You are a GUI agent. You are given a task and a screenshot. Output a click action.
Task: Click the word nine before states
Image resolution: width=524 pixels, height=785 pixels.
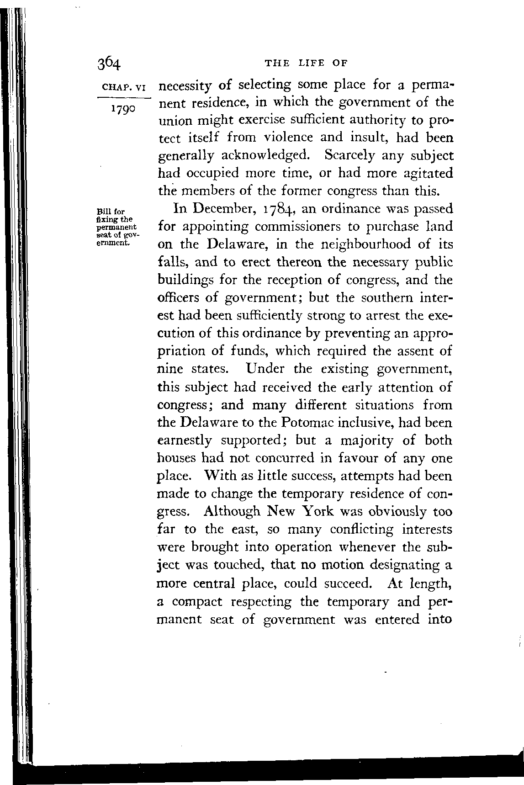click(170, 369)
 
